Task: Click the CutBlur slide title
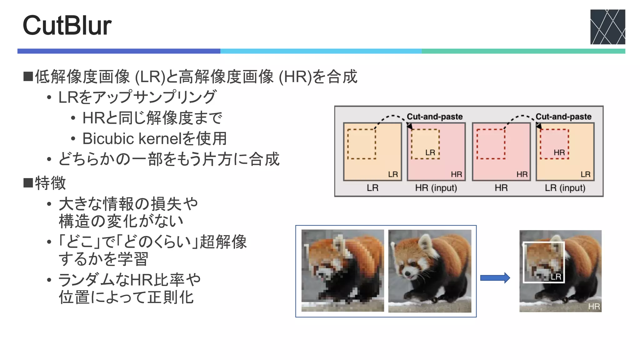[67, 26]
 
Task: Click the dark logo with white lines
[607, 27]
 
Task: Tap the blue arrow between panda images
[495, 278]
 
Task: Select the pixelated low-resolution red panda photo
[342, 271]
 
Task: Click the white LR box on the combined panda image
[544, 262]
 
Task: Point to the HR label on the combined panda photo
[594, 307]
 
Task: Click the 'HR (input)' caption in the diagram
[436, 188]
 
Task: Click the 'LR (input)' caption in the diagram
[565, 188]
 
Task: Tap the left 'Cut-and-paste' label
[434, 117]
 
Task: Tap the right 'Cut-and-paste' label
[563, 117]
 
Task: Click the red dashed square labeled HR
[554, 144]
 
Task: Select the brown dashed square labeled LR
[425, 144]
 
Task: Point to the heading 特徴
[50, 183]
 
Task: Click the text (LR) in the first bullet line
[150, 77]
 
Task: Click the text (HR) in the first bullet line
[295, 77]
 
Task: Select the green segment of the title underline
[523, 51]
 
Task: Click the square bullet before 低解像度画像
[28, 77]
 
